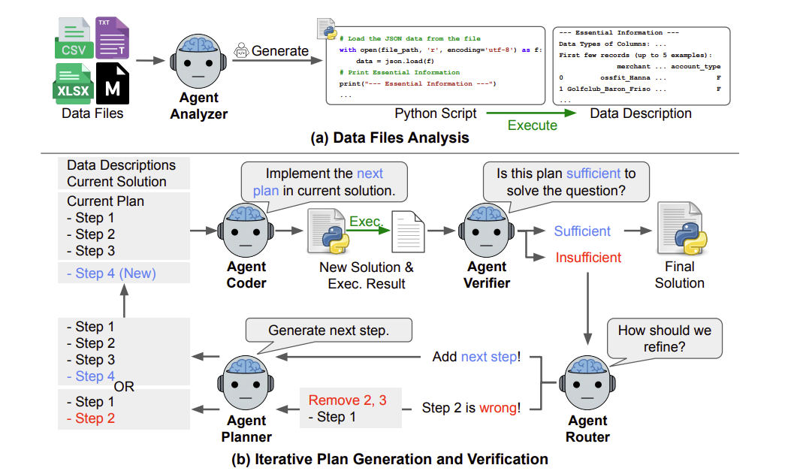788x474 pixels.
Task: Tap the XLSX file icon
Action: tap(73, 83)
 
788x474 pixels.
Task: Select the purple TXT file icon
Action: tap(112, 38)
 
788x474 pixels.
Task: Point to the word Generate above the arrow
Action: tap(280, 51)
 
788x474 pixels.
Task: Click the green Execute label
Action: tap(533, 125)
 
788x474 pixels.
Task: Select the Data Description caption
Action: tap(641, 113)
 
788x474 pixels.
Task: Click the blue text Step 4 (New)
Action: tap(110, 273)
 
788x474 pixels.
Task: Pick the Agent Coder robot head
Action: tap(246, 231)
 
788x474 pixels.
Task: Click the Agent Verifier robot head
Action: tap(488, 231)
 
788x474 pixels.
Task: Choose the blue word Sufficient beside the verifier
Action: tap(582, 231)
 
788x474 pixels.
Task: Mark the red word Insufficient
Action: tap(588, 258)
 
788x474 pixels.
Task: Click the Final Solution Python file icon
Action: tap(679, 229)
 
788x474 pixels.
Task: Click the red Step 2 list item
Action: tap(95, 418)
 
